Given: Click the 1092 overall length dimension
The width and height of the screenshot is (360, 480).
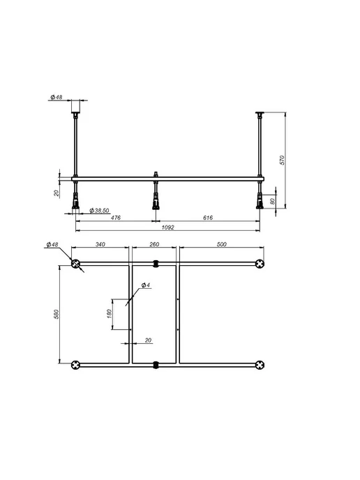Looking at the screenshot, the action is pos(167,227).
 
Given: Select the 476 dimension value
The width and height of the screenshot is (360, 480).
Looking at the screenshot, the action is pos(115,218).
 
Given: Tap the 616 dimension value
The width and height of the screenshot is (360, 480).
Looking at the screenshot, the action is pos(207,218).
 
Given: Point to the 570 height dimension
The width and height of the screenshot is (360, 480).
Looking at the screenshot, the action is pos(282,160).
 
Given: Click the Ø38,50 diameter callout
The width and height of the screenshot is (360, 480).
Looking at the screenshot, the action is pos(99,211).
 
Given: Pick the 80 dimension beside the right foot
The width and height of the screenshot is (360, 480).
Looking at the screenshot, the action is pos(272,201).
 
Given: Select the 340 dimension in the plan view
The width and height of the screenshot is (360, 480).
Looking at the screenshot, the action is pos(100,244).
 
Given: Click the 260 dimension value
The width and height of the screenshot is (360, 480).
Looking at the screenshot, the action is pos(154,244).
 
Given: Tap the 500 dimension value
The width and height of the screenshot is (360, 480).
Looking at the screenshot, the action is pos(221,244).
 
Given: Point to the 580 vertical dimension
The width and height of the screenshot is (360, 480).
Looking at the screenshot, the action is pos(56,315).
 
